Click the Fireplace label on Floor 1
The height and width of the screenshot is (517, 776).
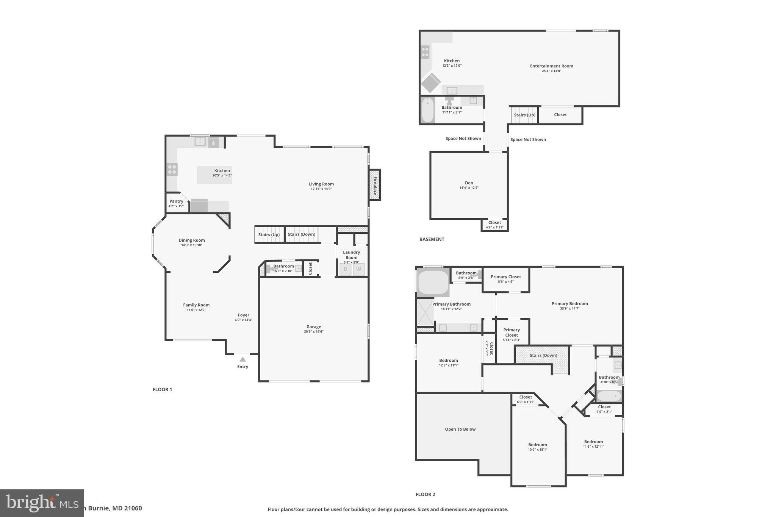pos(375,185)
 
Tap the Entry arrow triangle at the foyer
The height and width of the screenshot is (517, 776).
pos(242,359)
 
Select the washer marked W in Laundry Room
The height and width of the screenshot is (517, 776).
pos(358,269)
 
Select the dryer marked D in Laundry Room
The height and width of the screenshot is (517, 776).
pos(345,269)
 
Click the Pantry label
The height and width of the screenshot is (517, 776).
pos(176,201)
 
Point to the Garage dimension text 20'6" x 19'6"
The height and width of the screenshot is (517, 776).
pos(313,331)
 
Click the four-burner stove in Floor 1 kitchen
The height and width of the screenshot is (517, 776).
pos(172,169)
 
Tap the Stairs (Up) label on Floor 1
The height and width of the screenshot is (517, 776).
pos(269,234)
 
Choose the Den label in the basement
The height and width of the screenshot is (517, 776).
pos(469,183)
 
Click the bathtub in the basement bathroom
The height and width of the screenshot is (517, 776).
pos(428,110)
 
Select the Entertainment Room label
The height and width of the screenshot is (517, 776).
pos(551,66)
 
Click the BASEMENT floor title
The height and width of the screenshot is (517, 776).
pos(432,239)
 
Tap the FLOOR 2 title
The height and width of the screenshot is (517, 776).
pos(425,494)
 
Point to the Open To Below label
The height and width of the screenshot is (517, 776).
pos(460,429)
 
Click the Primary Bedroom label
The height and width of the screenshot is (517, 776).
pos(569,303)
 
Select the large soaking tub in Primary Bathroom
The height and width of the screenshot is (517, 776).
pos(433,282)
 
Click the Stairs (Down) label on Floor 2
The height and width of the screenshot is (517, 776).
pos(543,355)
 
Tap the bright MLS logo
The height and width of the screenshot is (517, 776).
pos(42,503)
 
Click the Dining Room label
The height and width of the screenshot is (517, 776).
pos(192,240)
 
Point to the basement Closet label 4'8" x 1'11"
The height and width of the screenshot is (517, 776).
pos(494,223)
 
